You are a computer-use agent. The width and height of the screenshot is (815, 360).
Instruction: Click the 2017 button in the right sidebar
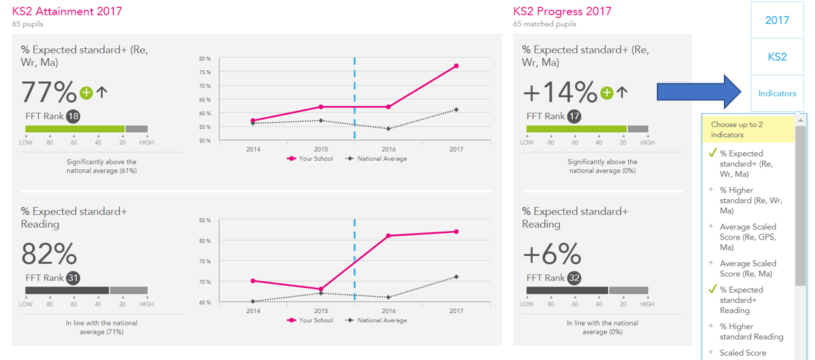pyautogui.click(x=777, y=20)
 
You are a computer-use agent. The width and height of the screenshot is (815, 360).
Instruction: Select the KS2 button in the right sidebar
pyautogui.click(x=777, y=57)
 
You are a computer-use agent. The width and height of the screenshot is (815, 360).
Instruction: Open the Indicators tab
pyautogui.click(x=777, y=93)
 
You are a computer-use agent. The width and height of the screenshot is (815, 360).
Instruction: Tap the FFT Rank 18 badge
pyautogui.click(x=73, y=117)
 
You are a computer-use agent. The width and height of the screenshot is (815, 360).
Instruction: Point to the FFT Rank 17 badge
pyautogui.click(x=574, y=117)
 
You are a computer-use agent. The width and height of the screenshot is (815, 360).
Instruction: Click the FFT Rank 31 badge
pyautogui.click(x=73, y=278)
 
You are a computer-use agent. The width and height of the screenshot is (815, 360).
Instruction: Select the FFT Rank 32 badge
pyautogui.click(x=574, y=278)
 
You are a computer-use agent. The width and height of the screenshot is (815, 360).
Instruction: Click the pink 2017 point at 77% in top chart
pyautogui.click(x=456, y=66)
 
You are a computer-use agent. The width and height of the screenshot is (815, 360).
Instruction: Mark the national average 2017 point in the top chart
pyautogui.click(x=456, y=109)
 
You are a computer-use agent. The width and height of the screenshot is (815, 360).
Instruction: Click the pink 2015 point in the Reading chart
pyautogui.click(x=321, y=289)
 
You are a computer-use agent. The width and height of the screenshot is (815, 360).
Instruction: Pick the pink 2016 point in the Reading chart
pyautogui.click(x=389, y=236)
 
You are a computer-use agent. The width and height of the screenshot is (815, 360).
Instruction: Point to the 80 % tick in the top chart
pyautogui.click(x=205, y=59)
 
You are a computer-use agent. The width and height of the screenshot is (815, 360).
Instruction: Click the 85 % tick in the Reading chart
pyautogui.click(x=205, y=220)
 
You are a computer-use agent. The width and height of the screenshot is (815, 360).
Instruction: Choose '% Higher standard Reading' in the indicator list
pyautogui.click(x=751, y=331)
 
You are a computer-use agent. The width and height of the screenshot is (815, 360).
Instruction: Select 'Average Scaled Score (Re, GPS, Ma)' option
pyautogui.click(x=747, y=237)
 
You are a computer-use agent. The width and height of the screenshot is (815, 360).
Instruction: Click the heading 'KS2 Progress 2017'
pyautogui.click(x=562, y=11)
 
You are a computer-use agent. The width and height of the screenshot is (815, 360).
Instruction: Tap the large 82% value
pyautogui.click(x=49, y=254)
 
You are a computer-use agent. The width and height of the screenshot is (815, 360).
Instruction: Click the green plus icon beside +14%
pyautogui.click(x=607, y=93)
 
